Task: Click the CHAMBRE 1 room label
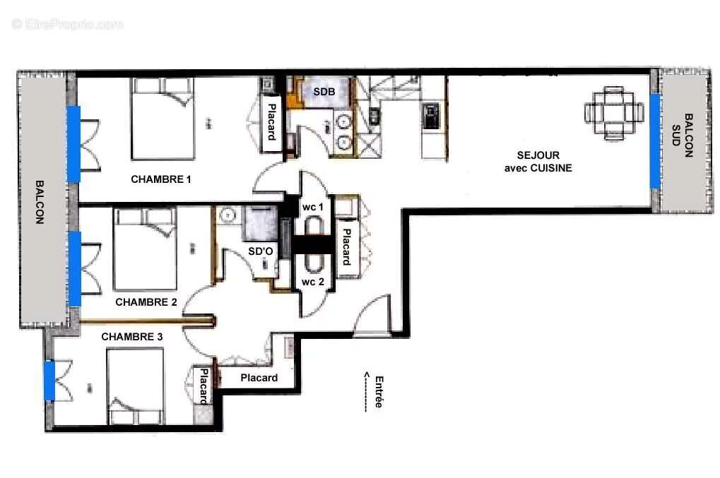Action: point(160,179)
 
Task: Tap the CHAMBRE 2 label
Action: point(146,302)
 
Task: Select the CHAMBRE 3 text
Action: point(132,337)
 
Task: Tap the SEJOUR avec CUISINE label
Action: point(538,162)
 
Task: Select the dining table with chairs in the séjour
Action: point(614,113)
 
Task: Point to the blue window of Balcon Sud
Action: point(655,141)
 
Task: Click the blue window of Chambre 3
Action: point(49,380)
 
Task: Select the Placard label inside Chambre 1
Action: point(271,121)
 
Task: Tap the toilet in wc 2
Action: point(314,263)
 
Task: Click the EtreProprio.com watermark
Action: point(68,24)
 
